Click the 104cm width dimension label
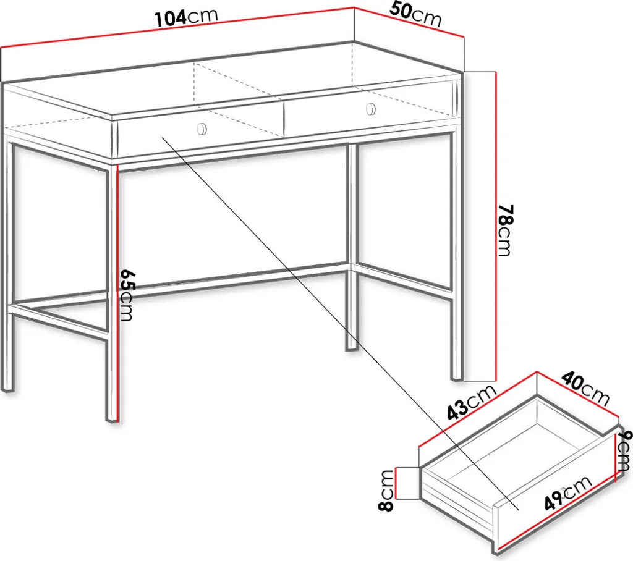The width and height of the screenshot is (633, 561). click(187, 17)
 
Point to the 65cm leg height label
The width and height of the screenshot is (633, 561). click(126, 295)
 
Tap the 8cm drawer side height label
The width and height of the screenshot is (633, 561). click(386, 490)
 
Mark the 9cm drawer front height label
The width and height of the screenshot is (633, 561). click(624, 450)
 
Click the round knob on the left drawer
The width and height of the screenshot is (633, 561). click(202, 129)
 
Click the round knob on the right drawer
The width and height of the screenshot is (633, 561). click(371, 109)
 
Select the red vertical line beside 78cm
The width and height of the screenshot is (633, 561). click(495, 226)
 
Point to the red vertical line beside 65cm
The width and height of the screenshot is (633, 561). click(117, 293)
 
